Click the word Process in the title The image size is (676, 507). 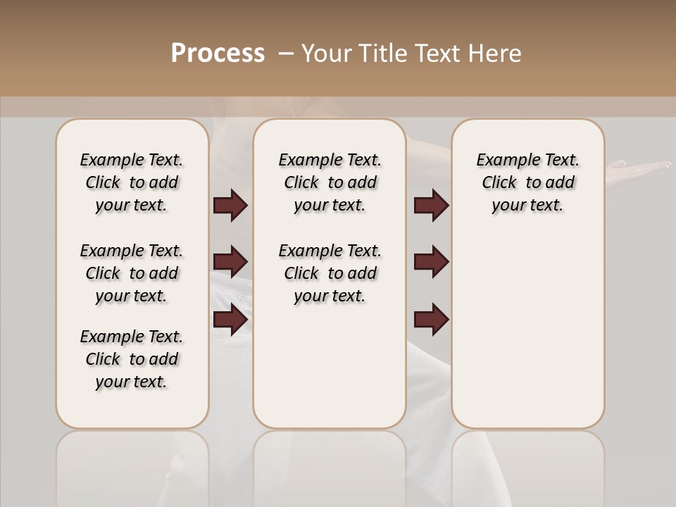point(218,53)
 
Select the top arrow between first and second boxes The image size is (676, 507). point(230,205)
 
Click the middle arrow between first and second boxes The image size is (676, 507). point(230,262)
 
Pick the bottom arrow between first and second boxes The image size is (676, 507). point(230,319)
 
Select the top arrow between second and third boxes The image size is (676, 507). point(431,205)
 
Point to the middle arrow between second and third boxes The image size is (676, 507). point(431,262)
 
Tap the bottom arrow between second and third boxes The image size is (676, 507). point(431,319)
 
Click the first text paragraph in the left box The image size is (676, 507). point(132,182)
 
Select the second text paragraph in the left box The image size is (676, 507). point(132,273)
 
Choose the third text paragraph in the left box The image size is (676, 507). point(132,359)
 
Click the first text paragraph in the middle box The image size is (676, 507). point(330,182)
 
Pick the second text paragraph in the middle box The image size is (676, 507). point(330,273)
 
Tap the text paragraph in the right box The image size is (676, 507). point(528,182)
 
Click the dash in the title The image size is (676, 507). point(286,54)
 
